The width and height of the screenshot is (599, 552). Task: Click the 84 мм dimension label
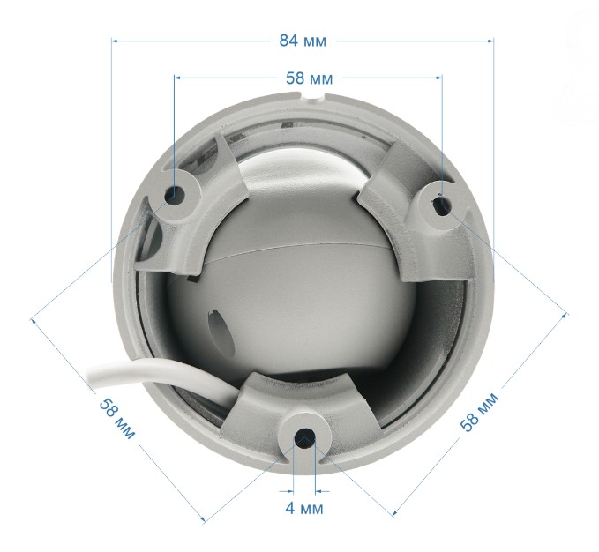(303, 41)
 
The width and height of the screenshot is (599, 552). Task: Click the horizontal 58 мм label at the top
(309, 78)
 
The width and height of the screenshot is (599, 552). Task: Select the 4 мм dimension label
(304, 509)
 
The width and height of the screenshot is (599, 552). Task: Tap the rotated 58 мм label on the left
(117, 418)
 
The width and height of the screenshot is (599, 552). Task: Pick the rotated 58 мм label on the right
(479, 413)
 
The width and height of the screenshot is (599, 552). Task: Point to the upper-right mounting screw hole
(442, 204)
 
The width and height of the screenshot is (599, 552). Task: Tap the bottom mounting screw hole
(304, 438)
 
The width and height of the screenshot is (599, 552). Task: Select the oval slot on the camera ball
(220, 332)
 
